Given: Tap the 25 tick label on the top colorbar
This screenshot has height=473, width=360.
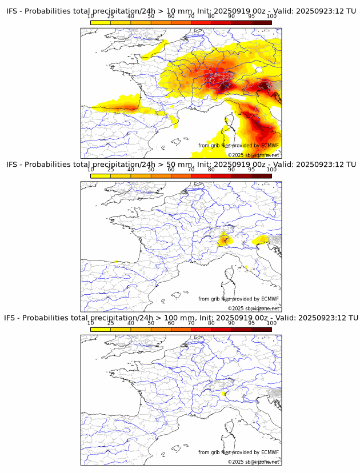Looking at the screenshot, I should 110,17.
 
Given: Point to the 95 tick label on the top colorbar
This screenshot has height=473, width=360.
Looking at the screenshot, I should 251,17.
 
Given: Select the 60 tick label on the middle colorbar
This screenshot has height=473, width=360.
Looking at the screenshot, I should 171,170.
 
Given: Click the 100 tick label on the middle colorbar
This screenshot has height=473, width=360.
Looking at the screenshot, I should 271,170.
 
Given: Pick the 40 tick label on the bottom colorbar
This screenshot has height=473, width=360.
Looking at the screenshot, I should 131,323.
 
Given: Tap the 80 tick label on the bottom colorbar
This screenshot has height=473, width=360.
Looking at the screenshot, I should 211,323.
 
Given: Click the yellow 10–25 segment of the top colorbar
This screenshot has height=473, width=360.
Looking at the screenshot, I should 101,22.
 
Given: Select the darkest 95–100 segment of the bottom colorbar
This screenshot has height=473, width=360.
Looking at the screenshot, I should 262,329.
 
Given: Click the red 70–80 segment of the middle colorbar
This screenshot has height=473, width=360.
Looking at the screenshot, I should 201,176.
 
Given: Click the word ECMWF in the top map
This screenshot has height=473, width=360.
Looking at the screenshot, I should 270,146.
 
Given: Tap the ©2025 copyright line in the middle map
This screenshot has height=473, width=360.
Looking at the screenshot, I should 254,308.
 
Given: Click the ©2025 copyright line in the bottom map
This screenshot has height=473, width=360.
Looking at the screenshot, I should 254,462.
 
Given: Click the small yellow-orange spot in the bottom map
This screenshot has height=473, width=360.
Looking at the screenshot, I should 224,393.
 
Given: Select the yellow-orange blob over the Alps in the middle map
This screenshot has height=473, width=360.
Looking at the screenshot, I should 225,239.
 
